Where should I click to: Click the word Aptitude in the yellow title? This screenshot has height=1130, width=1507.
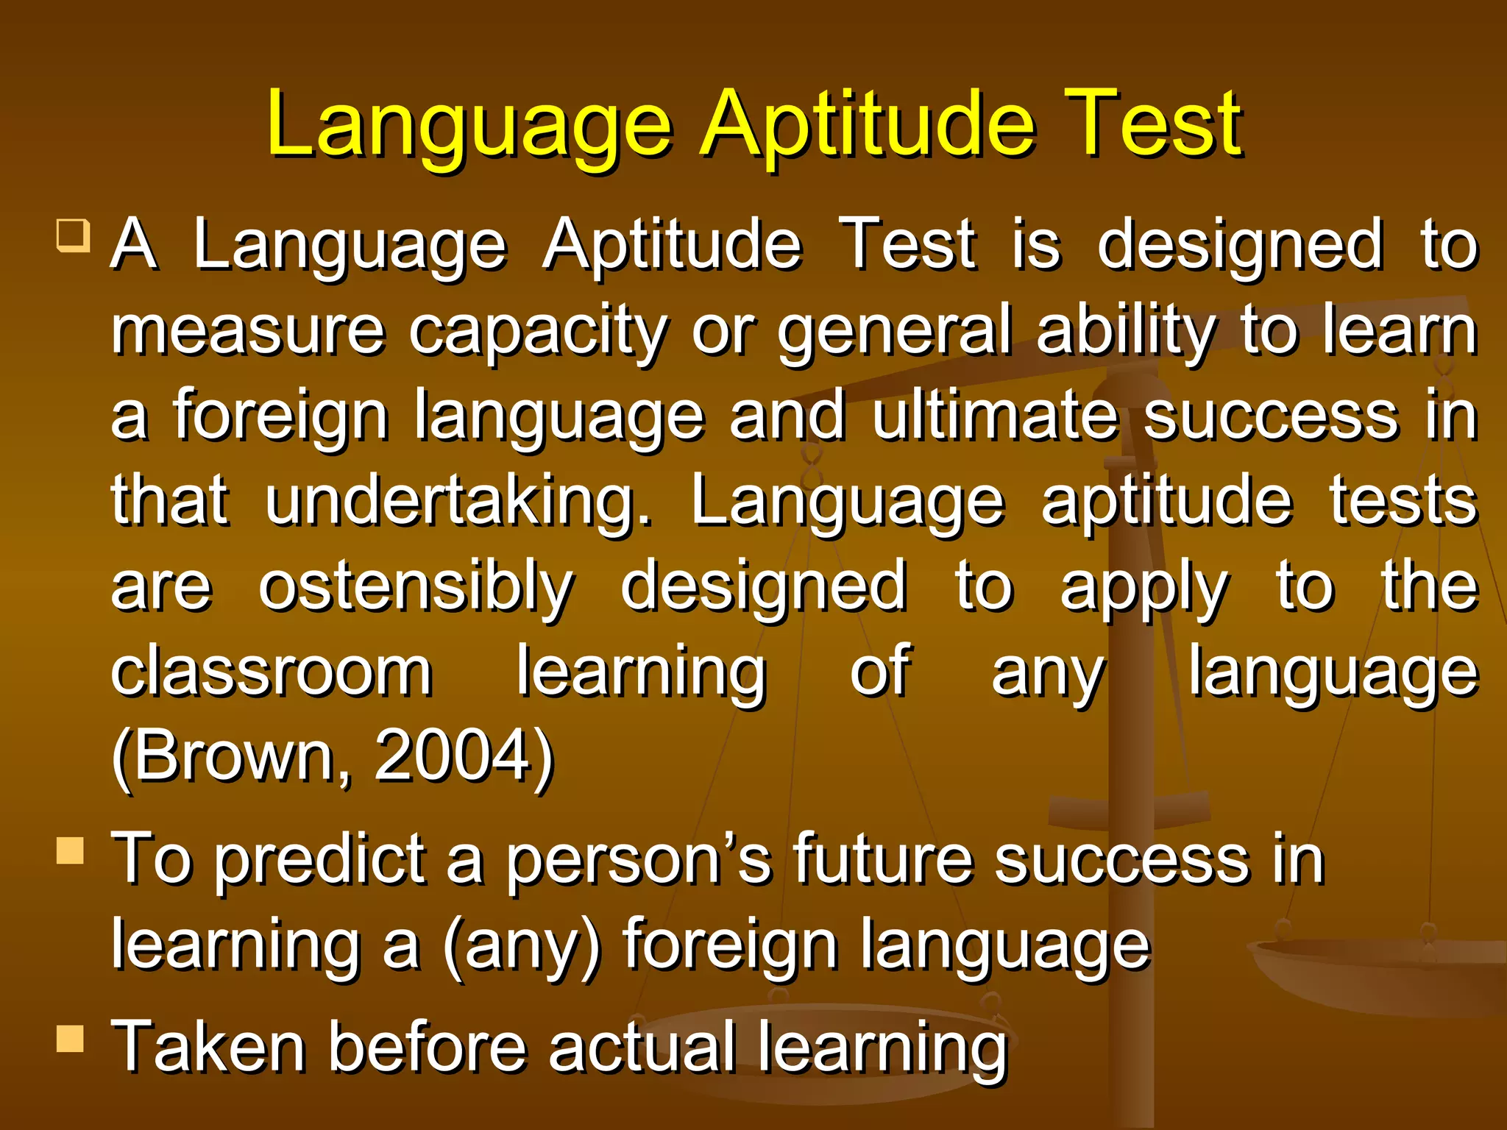868,125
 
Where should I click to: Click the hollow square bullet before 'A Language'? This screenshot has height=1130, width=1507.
73,235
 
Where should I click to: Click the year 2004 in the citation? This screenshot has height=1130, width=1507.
454,756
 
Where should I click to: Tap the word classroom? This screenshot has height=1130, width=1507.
272,671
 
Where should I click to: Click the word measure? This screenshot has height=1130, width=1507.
248,331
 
